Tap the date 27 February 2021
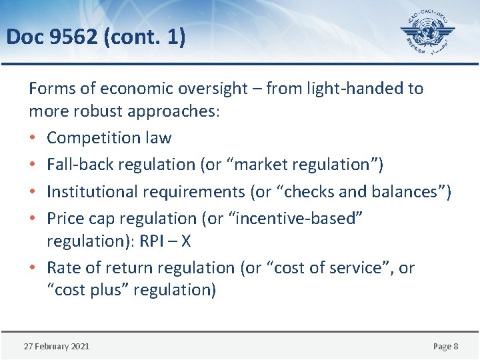pyautogui.click(x=57, y=346)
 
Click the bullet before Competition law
pyautogui.click(x=33, y=138)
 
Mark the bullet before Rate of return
pyautogui.click(x=33, y=268)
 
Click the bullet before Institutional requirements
pyautogui.click(x=33, y=192)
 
